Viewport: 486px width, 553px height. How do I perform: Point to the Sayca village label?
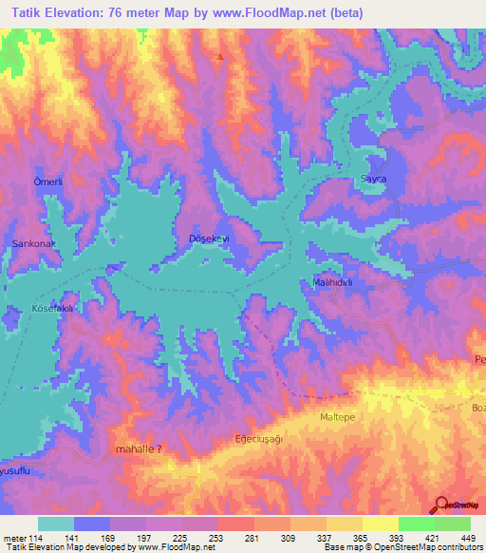(x=373, y=179)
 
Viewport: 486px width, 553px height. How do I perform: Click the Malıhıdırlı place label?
(x=333, y=283)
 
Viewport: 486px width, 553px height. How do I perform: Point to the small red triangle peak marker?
(x=220, y=57)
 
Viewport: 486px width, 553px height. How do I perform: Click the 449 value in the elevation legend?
(x=467, y=537)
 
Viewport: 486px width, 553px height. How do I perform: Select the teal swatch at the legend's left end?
(x=56, y=524)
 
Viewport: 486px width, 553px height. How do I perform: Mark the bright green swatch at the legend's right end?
(x=452, y=524)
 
